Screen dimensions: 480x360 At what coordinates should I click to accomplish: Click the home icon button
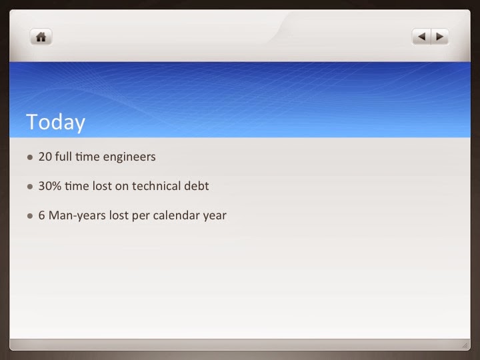click(41, 37)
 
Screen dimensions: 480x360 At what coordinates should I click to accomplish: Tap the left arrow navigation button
click(421, 37)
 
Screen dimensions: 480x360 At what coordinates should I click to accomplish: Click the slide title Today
click(56, 122)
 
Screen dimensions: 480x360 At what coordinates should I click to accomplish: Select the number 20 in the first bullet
click(45, 157)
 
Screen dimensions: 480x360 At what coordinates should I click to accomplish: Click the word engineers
click(129, 157)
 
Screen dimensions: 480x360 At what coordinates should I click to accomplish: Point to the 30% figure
click(50, 186)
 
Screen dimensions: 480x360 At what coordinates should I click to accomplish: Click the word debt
click(197, 186)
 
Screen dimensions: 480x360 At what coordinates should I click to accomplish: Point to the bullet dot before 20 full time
click(30, 157)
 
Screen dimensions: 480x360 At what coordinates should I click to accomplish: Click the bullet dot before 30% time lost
click(30, 187)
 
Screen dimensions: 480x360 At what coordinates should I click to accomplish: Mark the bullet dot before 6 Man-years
click(30, 216)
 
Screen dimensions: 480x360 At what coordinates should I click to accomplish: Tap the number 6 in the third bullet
click(41, 215)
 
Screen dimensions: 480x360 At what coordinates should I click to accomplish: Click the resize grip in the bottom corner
click(465, 345)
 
